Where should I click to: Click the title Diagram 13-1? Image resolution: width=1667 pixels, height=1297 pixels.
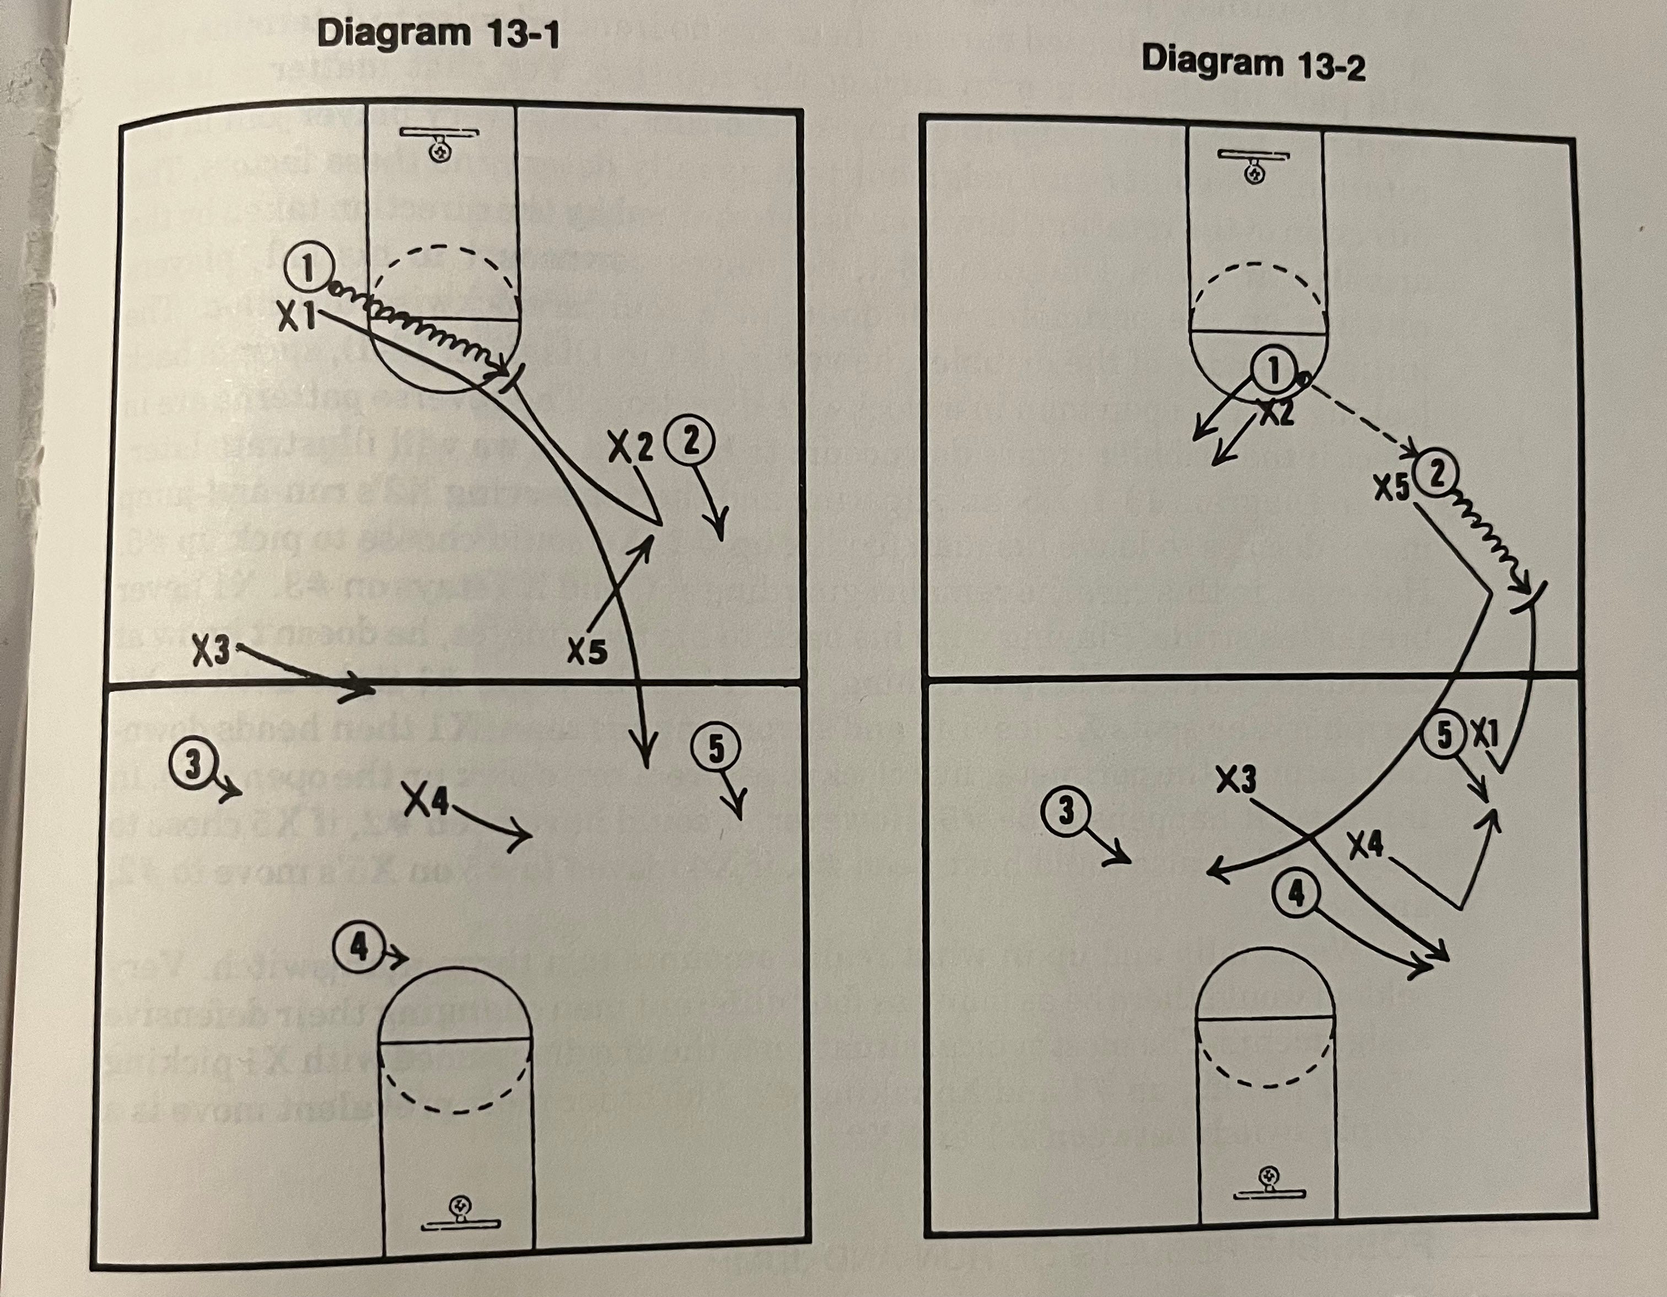tap(437, 34)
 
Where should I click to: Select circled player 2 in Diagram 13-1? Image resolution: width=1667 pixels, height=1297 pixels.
tap(691, 444)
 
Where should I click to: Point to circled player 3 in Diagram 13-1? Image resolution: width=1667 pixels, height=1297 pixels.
tap(195, 766)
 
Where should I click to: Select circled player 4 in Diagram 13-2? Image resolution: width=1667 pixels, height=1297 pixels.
tap(1296, 895)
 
